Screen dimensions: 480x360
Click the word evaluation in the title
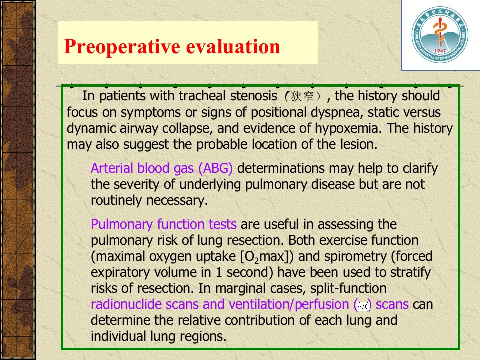tap(233, 46)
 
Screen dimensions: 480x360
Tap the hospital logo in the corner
tap(440, 35)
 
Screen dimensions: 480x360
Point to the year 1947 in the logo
tap(440, 51)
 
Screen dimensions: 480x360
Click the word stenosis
tap(254, 96)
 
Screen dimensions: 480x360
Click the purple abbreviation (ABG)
tap(216, 168)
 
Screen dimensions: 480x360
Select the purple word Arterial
tap(112, 168)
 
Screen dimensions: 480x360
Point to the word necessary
tap(177, 201)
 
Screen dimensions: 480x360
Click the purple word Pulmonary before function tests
tap(121, 224)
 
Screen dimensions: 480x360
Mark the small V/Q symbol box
tap(364, 306)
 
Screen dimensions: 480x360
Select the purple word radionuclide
tap(126, 304)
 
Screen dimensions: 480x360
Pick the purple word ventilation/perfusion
tap(289, 305)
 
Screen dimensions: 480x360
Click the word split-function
tap(348, 288)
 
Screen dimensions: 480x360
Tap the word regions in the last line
tap(203, 336)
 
